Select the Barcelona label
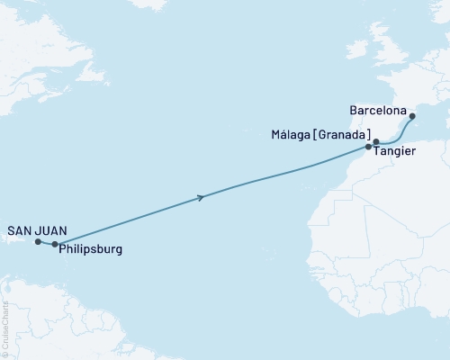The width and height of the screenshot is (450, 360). pyautogui.click(x=377, y=113)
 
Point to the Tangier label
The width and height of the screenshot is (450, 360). pyautogui.click(x=395, y=152)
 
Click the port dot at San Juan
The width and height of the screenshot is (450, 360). pyautogui.click(x=38, y=241)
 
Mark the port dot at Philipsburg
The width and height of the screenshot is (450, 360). pyautogui.click(x=55, y=244)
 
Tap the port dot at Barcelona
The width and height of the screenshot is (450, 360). pyautogui.click(x=412, y=115)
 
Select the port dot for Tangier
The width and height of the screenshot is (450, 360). pyautogui.click(x=368, y=147)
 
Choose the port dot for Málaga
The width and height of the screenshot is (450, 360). pyautogui.click(x=376, y=141)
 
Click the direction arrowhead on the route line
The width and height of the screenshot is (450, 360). pyautogui.click(x=199, y=197)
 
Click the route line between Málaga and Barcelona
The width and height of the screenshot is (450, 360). pyautogui.click(x=400, y=133)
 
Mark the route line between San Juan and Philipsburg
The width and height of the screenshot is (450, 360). pyautogui.click(x=46, y=243)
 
